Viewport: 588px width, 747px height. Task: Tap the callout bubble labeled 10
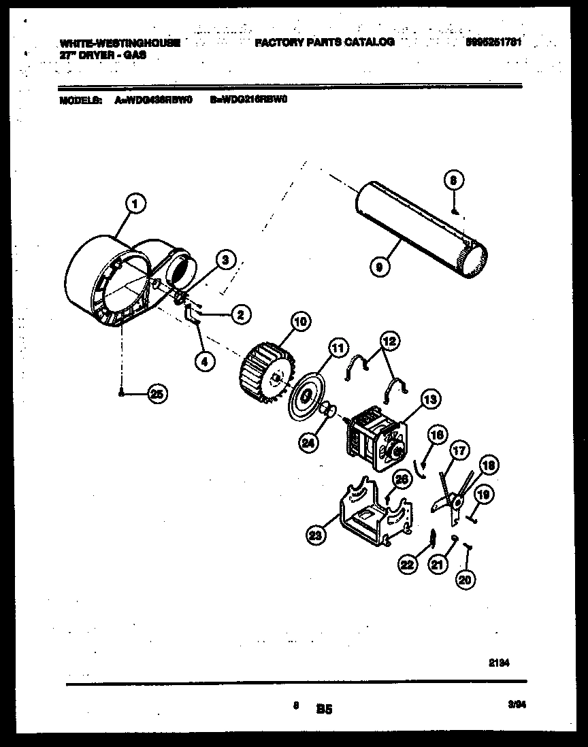click(299, 320)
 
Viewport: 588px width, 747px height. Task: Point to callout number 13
click(429, 399)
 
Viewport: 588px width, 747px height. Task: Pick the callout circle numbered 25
click(158, 393)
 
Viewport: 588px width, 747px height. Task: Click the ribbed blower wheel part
click(265, 373)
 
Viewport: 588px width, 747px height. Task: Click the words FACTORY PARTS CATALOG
click(325, 42)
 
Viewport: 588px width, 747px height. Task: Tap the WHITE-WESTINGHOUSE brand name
click(120, 43)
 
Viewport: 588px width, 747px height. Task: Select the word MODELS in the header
click(81, 99)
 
